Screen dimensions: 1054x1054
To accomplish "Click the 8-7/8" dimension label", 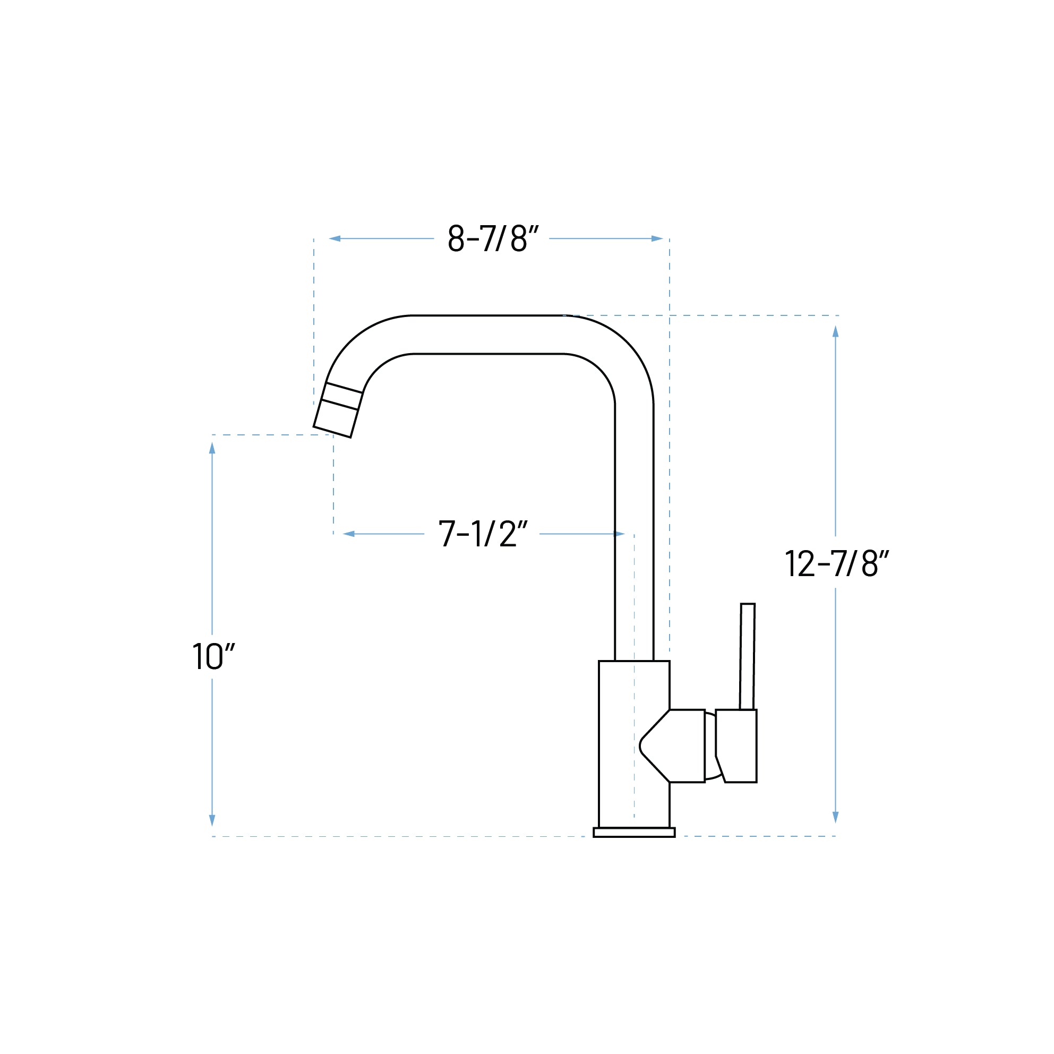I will tap(493, 238).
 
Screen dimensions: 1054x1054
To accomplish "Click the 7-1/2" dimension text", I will tap(483, 534).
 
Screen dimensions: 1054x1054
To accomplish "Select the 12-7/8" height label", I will tap(836, 563).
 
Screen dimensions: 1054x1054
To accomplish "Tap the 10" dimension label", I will tap(213, 656).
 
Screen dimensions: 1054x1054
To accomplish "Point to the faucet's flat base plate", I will tap(634, 833).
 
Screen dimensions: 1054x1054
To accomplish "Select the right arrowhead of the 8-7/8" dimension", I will tap(657, 238).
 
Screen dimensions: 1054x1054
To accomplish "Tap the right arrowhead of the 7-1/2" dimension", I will tap(619, 534).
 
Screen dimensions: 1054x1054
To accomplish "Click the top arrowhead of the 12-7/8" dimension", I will tap(835, 332).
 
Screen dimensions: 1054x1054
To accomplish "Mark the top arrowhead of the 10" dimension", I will tap(212, 448).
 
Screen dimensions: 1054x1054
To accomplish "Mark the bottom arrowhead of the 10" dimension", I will tap(212, 820).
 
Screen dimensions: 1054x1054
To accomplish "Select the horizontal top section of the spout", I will tap(489, 335).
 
